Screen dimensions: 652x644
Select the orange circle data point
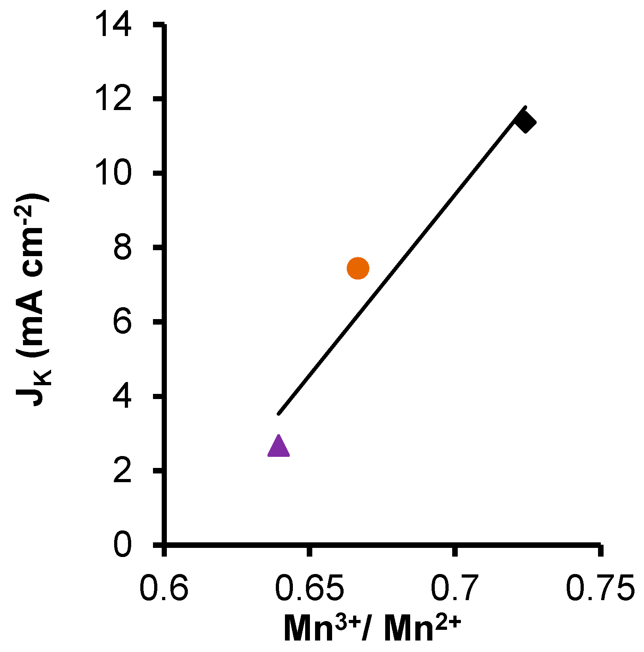[x=358, y=268]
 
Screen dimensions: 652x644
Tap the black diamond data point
[x=525, y=122]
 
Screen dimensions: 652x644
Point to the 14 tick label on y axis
[x=114, y=25]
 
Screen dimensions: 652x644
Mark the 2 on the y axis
[x=122, y=471]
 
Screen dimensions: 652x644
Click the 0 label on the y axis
[x=122, y=545]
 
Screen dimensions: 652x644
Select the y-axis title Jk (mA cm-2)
[x=34, y=301]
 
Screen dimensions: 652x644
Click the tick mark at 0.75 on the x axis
[x=601, y=551]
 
